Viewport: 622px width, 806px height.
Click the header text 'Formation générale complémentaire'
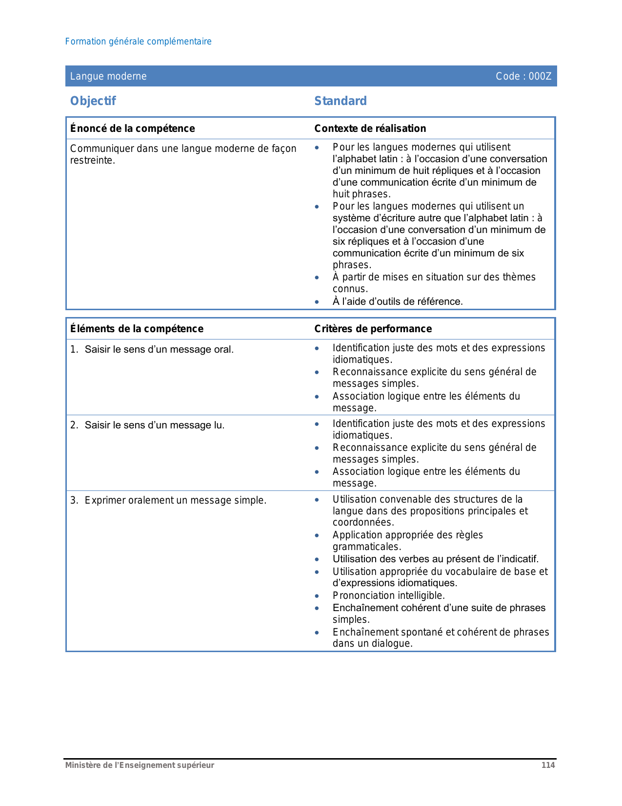[x=138, y=42]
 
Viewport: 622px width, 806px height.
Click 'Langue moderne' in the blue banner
[x=108, y=76]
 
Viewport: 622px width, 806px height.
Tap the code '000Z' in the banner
[x=540, y=76]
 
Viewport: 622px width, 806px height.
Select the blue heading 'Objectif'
[x=93, y=101]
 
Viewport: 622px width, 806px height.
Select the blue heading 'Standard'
[x=341, y=101]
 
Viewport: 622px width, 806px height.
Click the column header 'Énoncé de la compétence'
[x=132, y=128]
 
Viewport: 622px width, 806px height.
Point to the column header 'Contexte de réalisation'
[x=370, y=128]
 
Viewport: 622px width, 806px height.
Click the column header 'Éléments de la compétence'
[x=137, y=329]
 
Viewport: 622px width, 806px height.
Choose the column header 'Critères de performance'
[x=373, y=329]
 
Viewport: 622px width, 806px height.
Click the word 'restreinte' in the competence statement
[x=92, y=161]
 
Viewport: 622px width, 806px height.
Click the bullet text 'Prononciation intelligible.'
[x=389, y=596]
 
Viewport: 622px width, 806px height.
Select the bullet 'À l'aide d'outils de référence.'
[x=398, y=301]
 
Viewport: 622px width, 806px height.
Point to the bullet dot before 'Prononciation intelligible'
[x=317, y=596]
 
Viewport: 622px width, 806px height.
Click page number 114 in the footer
[x=548, y=765]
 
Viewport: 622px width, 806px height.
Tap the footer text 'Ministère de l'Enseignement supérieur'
[x=140, y=765]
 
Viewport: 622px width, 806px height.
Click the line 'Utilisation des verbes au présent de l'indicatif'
[x=436, y=559]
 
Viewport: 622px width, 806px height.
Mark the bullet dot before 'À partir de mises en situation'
[x=317, y=278]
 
